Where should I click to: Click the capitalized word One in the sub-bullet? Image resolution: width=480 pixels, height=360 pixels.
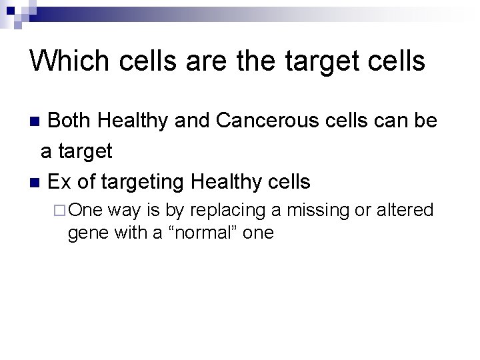point(85,211)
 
